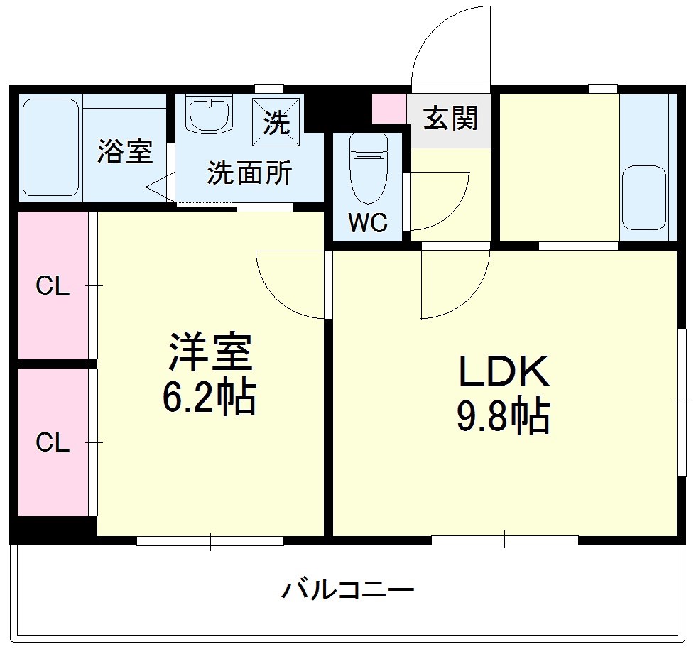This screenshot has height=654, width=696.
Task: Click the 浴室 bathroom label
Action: point(125,151)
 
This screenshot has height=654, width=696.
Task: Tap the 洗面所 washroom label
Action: point(249,173)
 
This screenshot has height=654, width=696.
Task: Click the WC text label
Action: point(368,223)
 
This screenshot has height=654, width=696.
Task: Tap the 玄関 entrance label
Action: point(450,119)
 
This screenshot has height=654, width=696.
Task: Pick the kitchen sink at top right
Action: point(644,197)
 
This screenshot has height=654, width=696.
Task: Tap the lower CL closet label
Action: point(53,442)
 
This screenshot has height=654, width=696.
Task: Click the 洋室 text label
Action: point(210,353)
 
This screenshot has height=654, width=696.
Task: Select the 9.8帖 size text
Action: point(504,417)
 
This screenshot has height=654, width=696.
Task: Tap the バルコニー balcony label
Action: point(347,589)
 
